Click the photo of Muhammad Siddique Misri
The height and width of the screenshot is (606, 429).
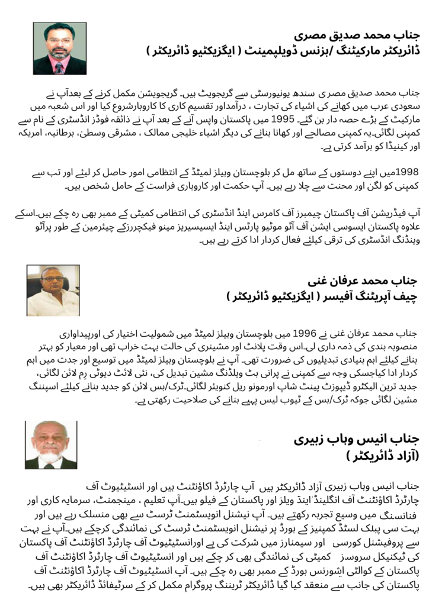(x=60, y=49)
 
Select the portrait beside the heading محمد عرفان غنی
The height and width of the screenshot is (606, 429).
(x=52, y=290)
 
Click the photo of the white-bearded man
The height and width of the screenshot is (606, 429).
(x=51, y=445)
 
